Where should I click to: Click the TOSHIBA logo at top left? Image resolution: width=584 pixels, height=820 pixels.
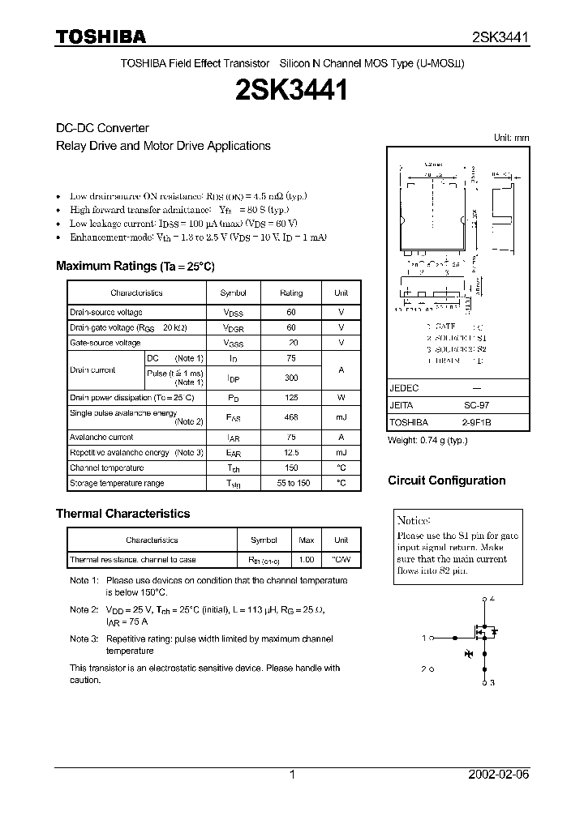point(101,37)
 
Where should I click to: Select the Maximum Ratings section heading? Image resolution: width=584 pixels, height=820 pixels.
point(135,267)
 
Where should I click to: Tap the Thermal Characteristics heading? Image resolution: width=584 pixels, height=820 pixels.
point(122,514)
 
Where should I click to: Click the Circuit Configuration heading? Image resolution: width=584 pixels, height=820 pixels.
point(446,480)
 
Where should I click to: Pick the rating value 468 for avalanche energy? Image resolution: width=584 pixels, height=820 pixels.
point(291,417)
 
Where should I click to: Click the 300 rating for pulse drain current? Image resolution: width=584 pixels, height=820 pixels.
point(291,378)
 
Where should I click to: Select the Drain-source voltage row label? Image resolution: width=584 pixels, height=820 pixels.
point(106,313)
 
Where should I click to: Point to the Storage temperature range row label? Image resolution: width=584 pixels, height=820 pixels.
point(117,484)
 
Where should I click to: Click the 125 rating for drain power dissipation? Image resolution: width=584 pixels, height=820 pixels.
point(291,398)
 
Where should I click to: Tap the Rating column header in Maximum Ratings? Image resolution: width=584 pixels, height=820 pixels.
point(291,293)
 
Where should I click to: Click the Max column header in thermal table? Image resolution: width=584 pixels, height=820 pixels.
point(307,540)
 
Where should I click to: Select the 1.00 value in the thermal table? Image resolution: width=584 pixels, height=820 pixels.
point(307,560)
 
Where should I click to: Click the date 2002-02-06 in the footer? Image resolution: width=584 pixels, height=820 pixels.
point(499,775)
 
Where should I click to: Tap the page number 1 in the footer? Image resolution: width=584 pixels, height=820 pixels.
point(292,775)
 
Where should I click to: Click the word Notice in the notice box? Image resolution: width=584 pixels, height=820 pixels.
point(414,520)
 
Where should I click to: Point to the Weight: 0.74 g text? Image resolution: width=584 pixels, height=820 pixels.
point(427,440)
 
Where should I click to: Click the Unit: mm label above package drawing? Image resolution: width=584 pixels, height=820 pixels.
point(511,138)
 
